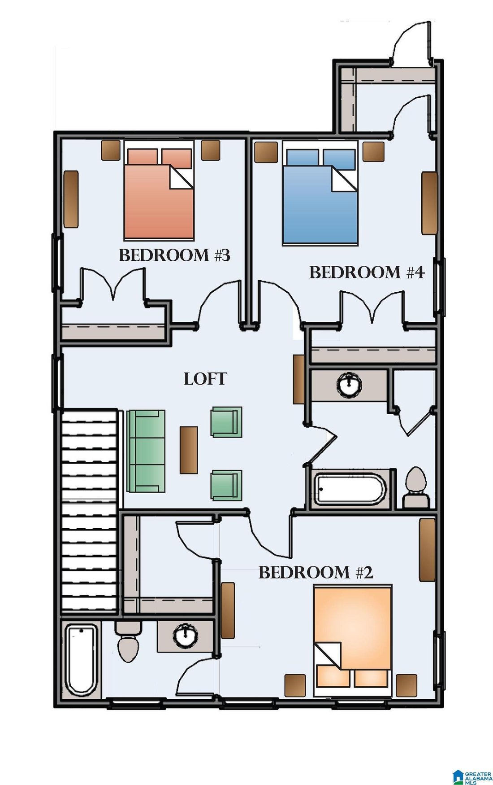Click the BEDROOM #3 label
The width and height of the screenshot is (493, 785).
click(x=174, y=255)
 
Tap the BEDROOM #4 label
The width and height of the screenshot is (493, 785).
click(x=367, y=272)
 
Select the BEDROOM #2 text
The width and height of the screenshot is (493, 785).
click(x=316, y=572)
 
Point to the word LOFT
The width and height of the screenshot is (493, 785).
click(x=205, y=379)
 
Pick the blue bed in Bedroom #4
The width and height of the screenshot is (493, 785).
click(x=320, y=193)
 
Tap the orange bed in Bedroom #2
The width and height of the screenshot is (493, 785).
click(x=353, y=640)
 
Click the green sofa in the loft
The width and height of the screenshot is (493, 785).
click(x=146, y=451)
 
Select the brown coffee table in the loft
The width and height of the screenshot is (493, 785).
click(x=189, y=450)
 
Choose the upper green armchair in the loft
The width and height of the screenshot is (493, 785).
click(x=227, y=422)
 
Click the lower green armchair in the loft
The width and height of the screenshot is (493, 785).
click(x=227, y=485)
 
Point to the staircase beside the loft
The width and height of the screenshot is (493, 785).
click(x=90, y=511)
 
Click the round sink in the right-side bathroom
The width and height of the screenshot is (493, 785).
click(x=349, y=385)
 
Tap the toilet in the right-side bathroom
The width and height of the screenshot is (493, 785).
click(x=416, y=487)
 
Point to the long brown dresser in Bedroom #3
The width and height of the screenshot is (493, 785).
click(x=71, y=198)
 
